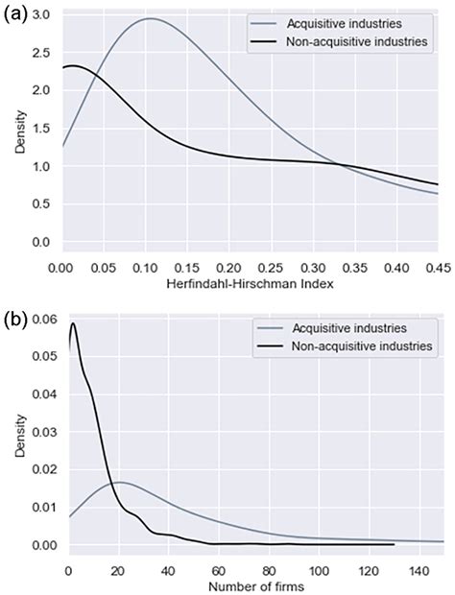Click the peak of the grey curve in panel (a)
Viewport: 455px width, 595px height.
(x=150, y=19)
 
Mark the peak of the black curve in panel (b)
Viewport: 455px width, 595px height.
(x=72, y=323)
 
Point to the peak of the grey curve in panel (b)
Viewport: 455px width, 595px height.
(x=117, y=482)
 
